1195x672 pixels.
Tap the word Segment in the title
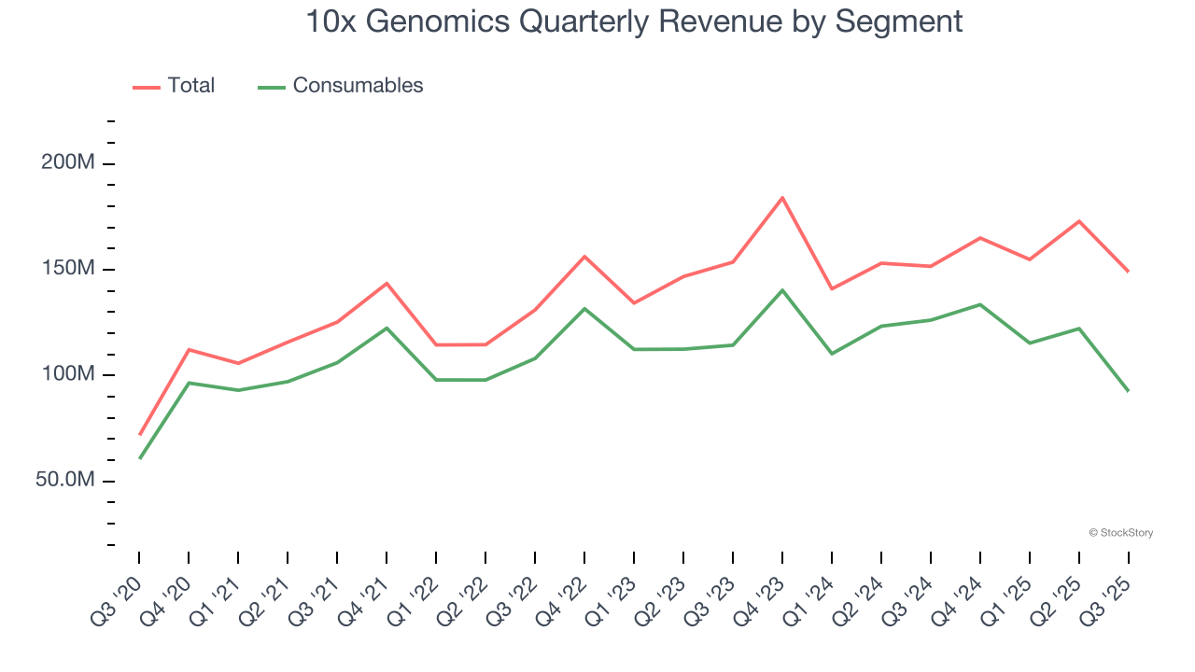coord(904,21)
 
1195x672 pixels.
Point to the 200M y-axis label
coord(68,163)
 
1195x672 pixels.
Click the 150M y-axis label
coord(68,269)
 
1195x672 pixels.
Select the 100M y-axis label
coord(68,374)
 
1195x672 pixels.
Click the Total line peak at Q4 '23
coord(782,198)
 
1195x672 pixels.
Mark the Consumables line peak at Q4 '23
coord(782,290)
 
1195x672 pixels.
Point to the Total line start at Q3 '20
coord(140,434)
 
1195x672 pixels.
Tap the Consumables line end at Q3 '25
coord(1128,390)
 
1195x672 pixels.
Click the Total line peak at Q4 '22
coord(584,257)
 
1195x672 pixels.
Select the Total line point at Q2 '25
coord(1079,221)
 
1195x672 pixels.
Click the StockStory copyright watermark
coord(1120,533)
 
